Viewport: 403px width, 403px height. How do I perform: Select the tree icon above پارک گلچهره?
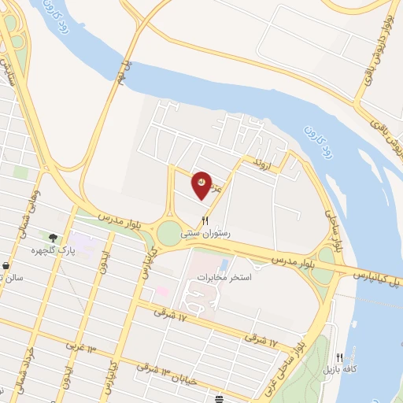pyautogui.click(x=53, y=238)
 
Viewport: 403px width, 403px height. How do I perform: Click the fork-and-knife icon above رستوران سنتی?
pyautogui.click(x=206, y=221)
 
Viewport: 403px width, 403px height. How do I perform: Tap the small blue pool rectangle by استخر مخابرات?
pyautogui.click(x=224, y=263)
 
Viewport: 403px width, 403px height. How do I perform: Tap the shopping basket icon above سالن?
pyautogui.click(x=6, y=266)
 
